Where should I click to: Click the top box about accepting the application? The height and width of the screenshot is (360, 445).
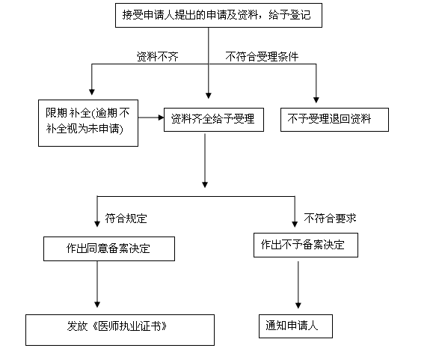click(218, 15)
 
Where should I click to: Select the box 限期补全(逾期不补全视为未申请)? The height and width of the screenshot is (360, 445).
click(88, 123)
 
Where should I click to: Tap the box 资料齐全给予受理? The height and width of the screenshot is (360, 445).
click(214, 120)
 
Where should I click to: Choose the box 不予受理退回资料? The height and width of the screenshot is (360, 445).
click(334, 120)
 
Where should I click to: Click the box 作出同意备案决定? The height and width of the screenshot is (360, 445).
click(109, 248)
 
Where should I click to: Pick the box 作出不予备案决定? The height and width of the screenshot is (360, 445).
click(306, 245)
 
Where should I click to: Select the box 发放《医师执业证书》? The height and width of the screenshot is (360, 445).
click(120, 330)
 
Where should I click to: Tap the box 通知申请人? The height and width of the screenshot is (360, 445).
click(295, 326)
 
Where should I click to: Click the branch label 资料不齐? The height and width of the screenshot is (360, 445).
click(158, 57)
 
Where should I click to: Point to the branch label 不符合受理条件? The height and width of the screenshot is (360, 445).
click(262, 57)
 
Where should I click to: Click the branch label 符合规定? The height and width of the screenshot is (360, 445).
click(126, 219)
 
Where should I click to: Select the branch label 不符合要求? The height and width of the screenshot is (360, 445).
click(330, 218)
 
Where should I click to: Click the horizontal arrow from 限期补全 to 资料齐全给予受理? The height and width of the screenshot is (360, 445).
click(151, 118)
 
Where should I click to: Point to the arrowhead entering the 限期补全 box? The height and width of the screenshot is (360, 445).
click(92, 92)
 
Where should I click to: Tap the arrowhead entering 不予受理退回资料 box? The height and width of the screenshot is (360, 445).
click(316, 100)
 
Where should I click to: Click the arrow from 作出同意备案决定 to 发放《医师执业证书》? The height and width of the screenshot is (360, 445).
click(97, 284)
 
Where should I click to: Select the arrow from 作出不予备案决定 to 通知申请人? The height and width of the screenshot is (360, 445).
click(298, 284)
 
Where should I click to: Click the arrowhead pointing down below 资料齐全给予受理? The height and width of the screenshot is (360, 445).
click(205, 185)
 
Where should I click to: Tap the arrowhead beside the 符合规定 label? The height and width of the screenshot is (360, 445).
click(97, 224)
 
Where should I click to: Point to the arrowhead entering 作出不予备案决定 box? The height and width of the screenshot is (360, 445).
click(295, 224)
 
